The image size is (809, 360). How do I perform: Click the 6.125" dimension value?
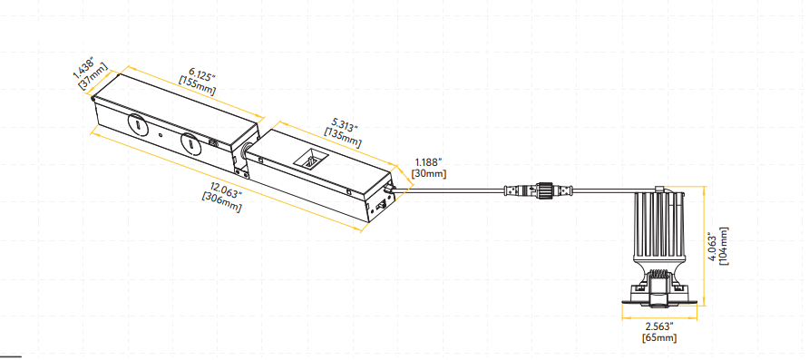pos(200,74)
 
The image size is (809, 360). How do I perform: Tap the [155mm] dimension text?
pos(197,86)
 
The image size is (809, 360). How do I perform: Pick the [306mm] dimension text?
pos(222,201)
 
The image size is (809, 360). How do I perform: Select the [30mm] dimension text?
pos(428,174)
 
